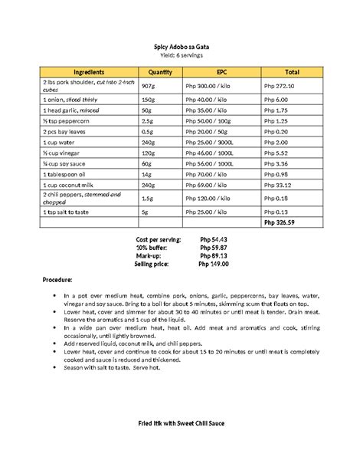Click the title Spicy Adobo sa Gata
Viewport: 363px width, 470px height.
click(181, 47)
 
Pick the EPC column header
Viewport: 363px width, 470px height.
click(221, 72)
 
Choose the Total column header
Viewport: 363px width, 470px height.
click(292, 72)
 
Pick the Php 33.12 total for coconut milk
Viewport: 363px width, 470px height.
click(277, 185)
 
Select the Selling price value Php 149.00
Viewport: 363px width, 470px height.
click(214, 265)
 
